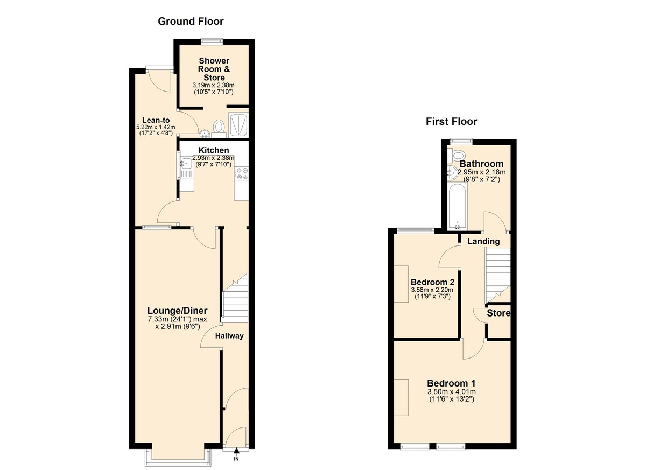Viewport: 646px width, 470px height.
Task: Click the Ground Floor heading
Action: point(190,22)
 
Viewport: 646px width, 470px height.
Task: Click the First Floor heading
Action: point(451,121)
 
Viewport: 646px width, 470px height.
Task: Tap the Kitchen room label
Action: point(214,150)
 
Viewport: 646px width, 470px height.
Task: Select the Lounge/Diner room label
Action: point(178,311)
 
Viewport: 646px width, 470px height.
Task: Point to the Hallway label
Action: point(229,336)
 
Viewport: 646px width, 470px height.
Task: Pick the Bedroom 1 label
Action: point(452,383)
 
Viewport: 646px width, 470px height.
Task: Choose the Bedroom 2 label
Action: point(432,282)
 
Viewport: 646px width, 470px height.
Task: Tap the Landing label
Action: point(483,241)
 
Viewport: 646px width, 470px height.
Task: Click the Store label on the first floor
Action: point(498,313)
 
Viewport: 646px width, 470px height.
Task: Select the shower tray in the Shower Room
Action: point(237,125)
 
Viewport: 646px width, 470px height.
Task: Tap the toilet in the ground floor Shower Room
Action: point(219,127)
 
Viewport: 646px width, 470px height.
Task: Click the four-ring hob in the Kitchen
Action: point(241,174)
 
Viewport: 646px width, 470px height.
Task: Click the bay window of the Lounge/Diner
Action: point(178,456)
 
